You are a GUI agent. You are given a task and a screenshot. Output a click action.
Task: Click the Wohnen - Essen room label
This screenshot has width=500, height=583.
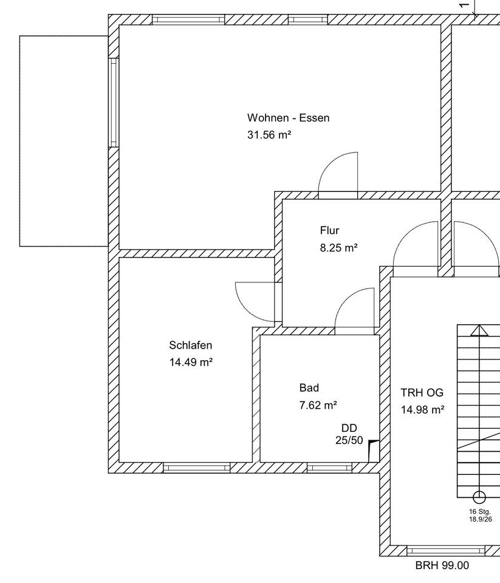pyautogui.click(x=288, y=118)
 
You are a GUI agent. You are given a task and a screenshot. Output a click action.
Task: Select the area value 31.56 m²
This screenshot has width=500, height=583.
pyautogui.click(x=269, y=135)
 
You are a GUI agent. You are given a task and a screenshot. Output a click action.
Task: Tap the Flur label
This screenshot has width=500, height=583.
pyautogui.click(x=329, y=231)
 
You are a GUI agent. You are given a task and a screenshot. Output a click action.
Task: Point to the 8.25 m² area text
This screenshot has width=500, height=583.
pyautogui.click(x=338, y=248)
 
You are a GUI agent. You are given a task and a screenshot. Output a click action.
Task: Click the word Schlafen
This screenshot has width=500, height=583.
pyautogui.click(x=190, y=346)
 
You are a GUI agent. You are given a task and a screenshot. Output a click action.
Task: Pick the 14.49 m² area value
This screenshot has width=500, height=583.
pyautogui.click(x=190, y=363)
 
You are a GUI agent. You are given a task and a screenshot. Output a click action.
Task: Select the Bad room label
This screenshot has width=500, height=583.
pyautogui.click(x=309, y=388)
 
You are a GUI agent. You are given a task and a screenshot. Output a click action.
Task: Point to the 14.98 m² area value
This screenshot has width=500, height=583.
pyautogui.click(x=422, y=410)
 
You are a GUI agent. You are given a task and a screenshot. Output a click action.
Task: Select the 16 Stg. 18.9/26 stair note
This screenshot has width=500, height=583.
pyautogui.click(x=480, y=516)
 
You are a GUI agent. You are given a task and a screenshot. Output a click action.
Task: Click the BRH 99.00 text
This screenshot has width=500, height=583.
pyautogui.click(x=442, y=565)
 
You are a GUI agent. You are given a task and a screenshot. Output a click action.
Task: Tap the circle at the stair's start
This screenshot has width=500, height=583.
pyautogui.click(x=479, y=497)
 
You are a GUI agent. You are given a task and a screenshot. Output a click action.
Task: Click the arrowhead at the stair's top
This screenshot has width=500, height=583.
pyautogui.click(x=479, y=330)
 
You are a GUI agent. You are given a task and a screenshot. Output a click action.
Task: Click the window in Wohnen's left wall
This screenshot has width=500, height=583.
pyautogui.click(x=114, y=102)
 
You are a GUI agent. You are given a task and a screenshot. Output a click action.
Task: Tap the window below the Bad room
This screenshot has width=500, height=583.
pyautogui.click(x=329, y=468)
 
